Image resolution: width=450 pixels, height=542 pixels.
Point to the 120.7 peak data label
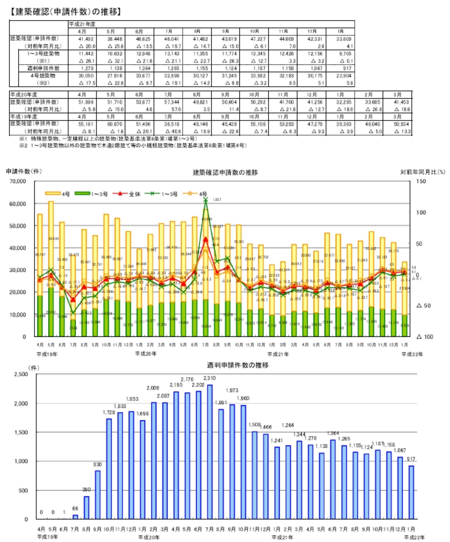pos(217,200)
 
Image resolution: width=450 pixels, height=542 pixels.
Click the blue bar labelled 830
pos(97,494)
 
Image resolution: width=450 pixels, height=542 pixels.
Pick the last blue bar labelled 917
pos(411,492)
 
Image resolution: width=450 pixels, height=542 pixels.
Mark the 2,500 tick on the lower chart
pos(22,374)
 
